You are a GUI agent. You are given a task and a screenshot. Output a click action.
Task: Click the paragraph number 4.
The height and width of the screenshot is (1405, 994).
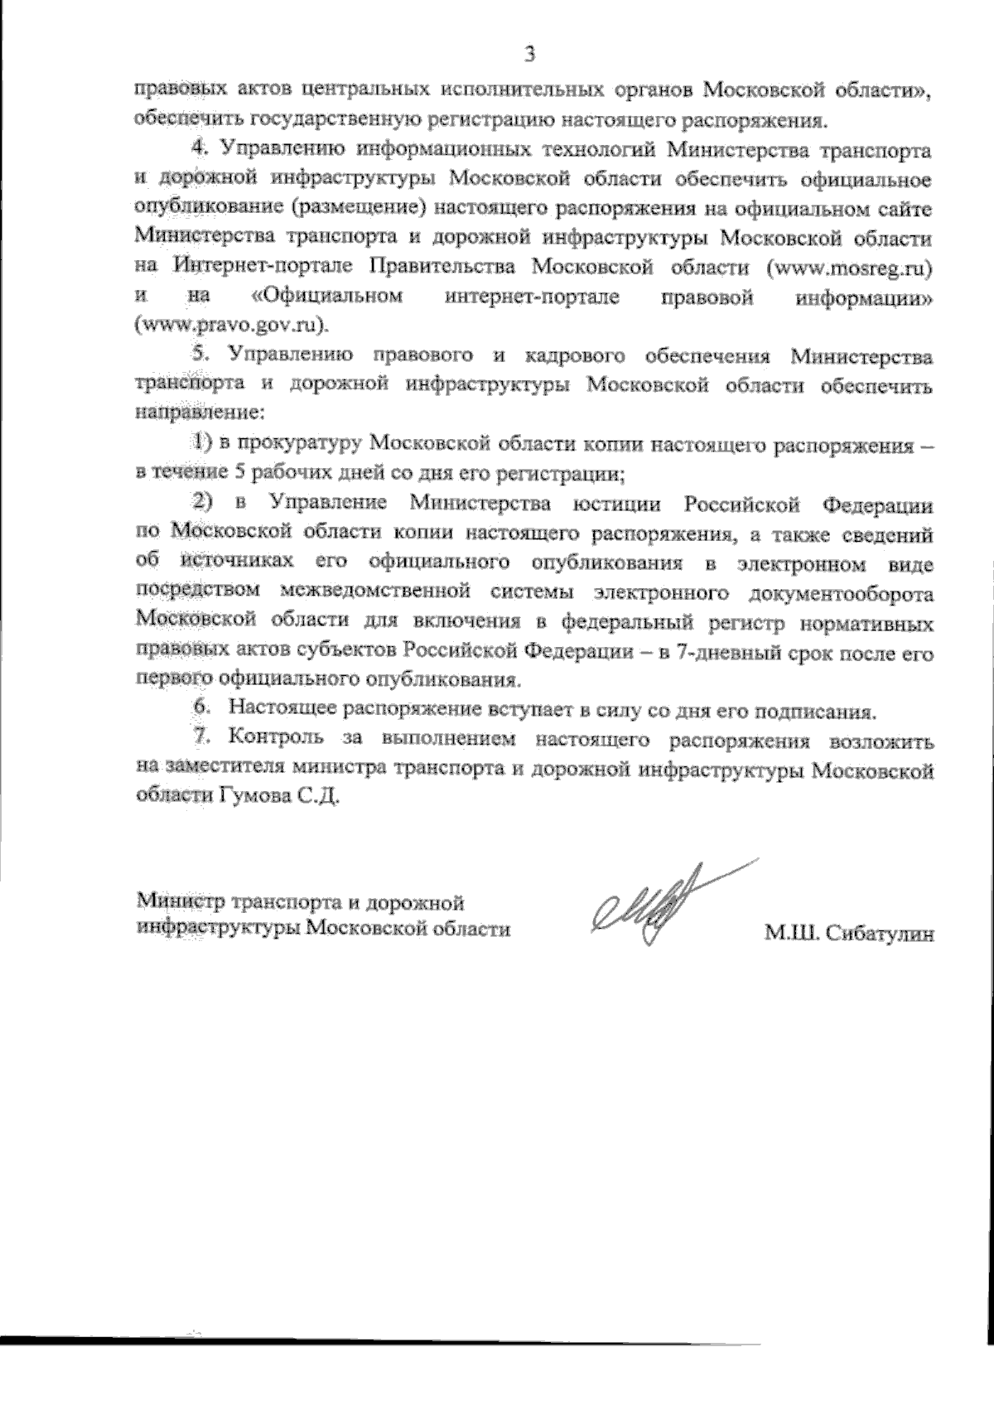pyautogui.click(x=199, y=149)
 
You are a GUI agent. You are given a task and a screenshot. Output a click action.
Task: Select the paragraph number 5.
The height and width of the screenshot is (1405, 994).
pyautogui.click(x=199, y=355)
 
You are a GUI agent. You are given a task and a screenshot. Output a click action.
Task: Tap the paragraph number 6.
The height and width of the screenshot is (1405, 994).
pyautogui.click(x=200, y=710)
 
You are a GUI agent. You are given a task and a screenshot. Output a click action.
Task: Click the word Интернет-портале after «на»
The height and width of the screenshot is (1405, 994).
pyautogui.click(x=264, y=268)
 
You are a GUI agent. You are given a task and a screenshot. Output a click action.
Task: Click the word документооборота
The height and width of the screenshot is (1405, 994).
pyautogui.click(x=842, y=593)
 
